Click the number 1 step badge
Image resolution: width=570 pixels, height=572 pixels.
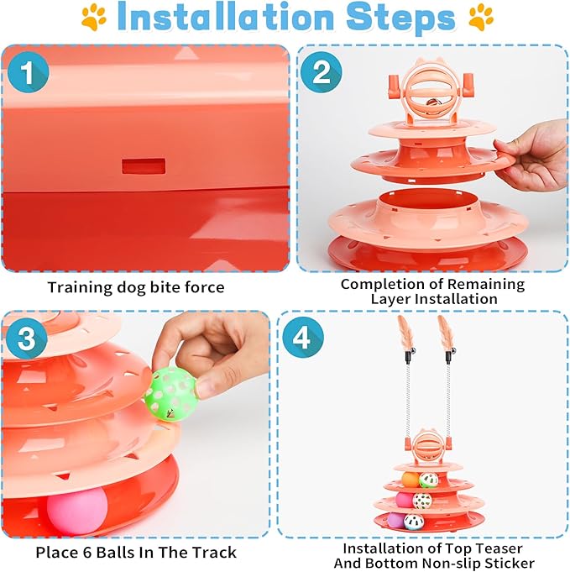click(27, 74)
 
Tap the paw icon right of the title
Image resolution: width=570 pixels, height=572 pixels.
click(480, 18)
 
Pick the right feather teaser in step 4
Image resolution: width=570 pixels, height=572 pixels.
click(444, 332)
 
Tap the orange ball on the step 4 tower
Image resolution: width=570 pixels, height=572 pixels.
click(410, 480)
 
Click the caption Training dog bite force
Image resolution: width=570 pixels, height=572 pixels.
click(136, 287)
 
